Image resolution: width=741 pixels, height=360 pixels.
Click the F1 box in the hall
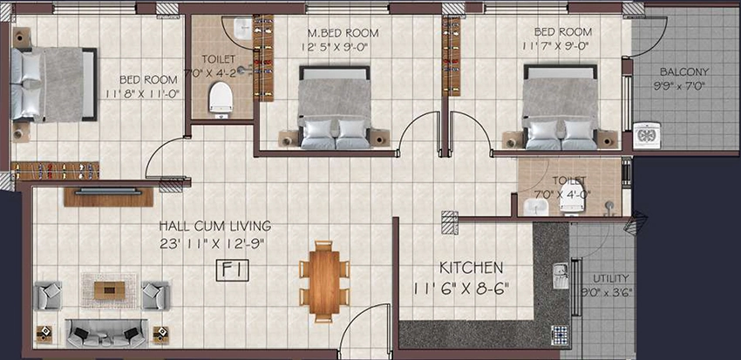click(233, 271)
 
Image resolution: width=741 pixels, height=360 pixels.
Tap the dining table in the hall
click(324, 282)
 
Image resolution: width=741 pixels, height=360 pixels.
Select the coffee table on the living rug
click(110, 290)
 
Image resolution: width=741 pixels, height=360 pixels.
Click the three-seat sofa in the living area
click(106, 334)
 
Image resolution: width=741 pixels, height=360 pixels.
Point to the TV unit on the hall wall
click(109, 196)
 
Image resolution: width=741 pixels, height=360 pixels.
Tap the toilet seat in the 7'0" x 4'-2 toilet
click(221, 98)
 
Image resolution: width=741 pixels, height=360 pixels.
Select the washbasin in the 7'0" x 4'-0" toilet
click(536, 207)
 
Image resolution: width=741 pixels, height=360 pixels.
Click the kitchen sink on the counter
click(561, 276)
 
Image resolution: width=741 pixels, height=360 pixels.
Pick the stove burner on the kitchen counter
click(560, 336)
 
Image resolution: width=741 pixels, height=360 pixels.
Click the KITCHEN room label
click(471, 268)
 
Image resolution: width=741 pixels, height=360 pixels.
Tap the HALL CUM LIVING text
click(215, 226)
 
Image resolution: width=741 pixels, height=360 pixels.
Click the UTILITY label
click(611, 278)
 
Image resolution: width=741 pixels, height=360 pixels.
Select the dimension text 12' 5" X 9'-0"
click(335, 47)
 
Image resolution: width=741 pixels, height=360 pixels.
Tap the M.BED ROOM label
click(343, 33)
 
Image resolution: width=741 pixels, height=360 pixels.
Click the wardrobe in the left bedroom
click(55, 171)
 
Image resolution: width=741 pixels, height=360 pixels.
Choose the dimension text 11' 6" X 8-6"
click(462, 289)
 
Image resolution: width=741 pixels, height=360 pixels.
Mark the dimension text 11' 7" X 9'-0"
click(557, 47)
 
